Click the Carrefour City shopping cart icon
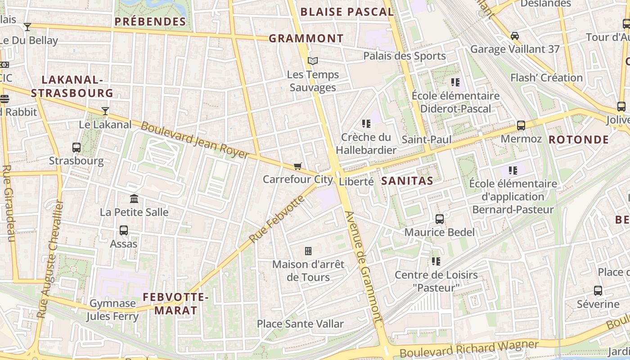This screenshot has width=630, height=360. point(297,166)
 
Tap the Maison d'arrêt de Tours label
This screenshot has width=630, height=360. point(308,270)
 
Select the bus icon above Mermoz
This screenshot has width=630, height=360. point(521,125)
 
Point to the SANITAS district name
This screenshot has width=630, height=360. point(407,181)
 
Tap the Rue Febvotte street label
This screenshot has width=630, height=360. point(277,219)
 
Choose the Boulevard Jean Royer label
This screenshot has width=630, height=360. point(194,139)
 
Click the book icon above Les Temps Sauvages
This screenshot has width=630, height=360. point(313,61)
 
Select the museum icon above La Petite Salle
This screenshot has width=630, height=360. point(134,198)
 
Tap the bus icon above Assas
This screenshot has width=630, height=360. point(123,230)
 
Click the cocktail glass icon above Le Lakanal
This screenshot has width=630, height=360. point(105,111)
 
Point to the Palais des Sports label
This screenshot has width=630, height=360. point(404,56)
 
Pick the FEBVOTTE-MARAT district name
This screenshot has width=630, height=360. point(176,303)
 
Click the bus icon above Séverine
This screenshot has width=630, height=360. point(598,290)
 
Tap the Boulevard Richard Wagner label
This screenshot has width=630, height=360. point(468,349)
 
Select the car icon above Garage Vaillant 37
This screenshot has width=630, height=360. point(514,36)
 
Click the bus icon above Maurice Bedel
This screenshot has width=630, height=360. point(439,219)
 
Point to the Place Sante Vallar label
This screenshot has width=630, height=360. point(300,324)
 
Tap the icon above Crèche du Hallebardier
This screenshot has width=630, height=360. point(366,123)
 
